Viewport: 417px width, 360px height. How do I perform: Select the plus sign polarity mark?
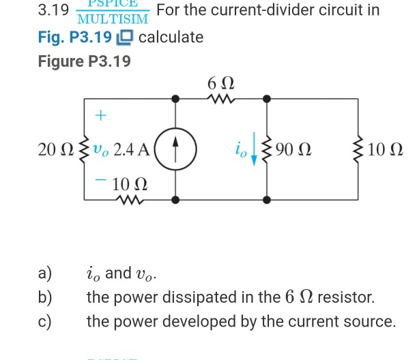coord(101,116)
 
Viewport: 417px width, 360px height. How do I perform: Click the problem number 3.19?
coord(53,11)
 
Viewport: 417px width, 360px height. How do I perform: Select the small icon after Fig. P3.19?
coord(126,37)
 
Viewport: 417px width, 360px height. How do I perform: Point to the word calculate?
coord(171,37)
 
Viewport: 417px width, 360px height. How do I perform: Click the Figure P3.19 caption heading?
coord(84,61)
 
